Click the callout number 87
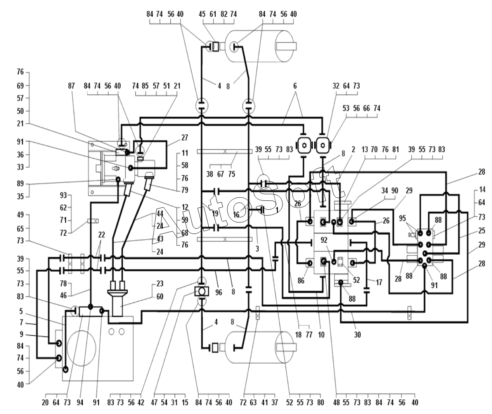pyautogui.click(x=71, y=86)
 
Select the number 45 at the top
pyautogui.click(x=202, y=14)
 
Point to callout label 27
pyautogui.click(x=185, y=138)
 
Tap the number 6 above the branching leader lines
pyautogui.click(x=295, y=86)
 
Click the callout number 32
pyautogui.click(x=336, y=86)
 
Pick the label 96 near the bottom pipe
pyautogui.click(x=219, y=292)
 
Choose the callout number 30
pyautogui.click(x=357, y=335)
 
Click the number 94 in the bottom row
pyautogui.click(x=80, y=403)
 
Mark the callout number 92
pyautogui.click(x=324, y=240)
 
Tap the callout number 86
pyautogui.click(x=301, y=281)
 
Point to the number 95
pyautogui.click(x=402, y=218)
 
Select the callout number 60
pyautogui.click(x=160, y=297)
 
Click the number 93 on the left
pyautogui.click(x=63, y=195)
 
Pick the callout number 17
pyautogui.click(x=379, y=282)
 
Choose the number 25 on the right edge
pyautogui.click(x=482, y=231)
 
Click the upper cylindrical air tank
pyautogui.click(x=260, y=46)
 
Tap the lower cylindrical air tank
pyautogui.click(x=260, y=347)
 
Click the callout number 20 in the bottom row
pyautogui.click(x=45, y=403)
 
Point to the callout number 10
pyautogui.click(x=321, y=335)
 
